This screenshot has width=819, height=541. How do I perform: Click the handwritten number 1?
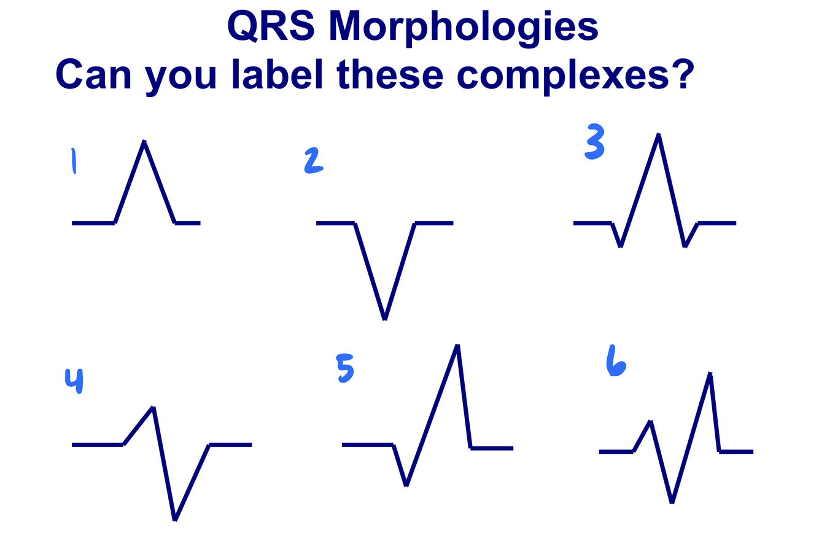tap(74, 161)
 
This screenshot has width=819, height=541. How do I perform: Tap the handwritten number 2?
tap(313, 161)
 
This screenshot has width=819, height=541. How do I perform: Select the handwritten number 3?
tap(594, 141)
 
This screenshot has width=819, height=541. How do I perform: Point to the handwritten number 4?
tap(74, 381)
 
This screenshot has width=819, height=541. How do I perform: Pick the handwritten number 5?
tap(345, 368)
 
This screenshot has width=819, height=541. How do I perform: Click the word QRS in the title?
tap(271, 26)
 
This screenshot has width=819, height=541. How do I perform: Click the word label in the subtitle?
tap(278, 74)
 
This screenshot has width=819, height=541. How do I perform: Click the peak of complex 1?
tap(144, 142)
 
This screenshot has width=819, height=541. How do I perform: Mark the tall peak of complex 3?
tap(659, 134)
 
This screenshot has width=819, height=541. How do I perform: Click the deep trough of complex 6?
tap(672, 503)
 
